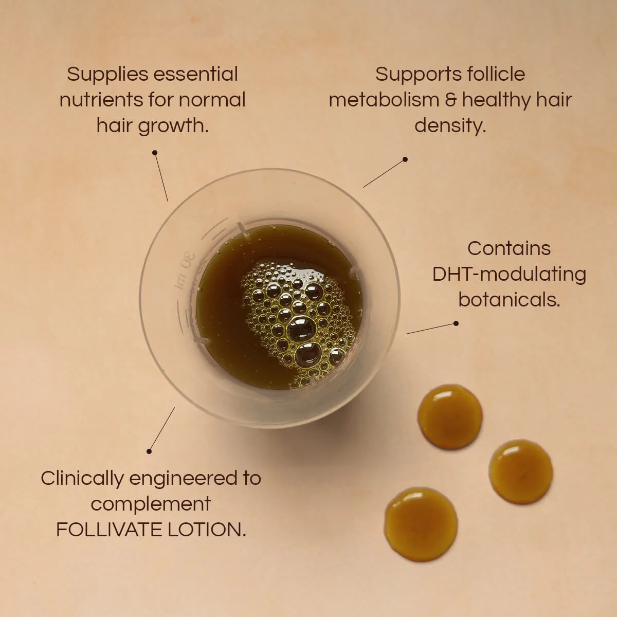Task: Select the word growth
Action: [x=173, y=126]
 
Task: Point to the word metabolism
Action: [x=384, y=100]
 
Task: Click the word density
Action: [x=450, y=126]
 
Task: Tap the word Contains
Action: [x=509, y=248]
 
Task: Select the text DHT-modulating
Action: [x=509, y=275]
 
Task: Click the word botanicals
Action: [x=509, y=300]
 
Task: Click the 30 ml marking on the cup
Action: [x=186, y=270]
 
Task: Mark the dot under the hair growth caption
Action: [x=155, y=153]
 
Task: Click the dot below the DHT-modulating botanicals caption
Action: [x=456, y=323]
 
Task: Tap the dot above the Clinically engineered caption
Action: [x=149, y=451]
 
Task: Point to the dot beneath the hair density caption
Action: [x=405, y=159]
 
